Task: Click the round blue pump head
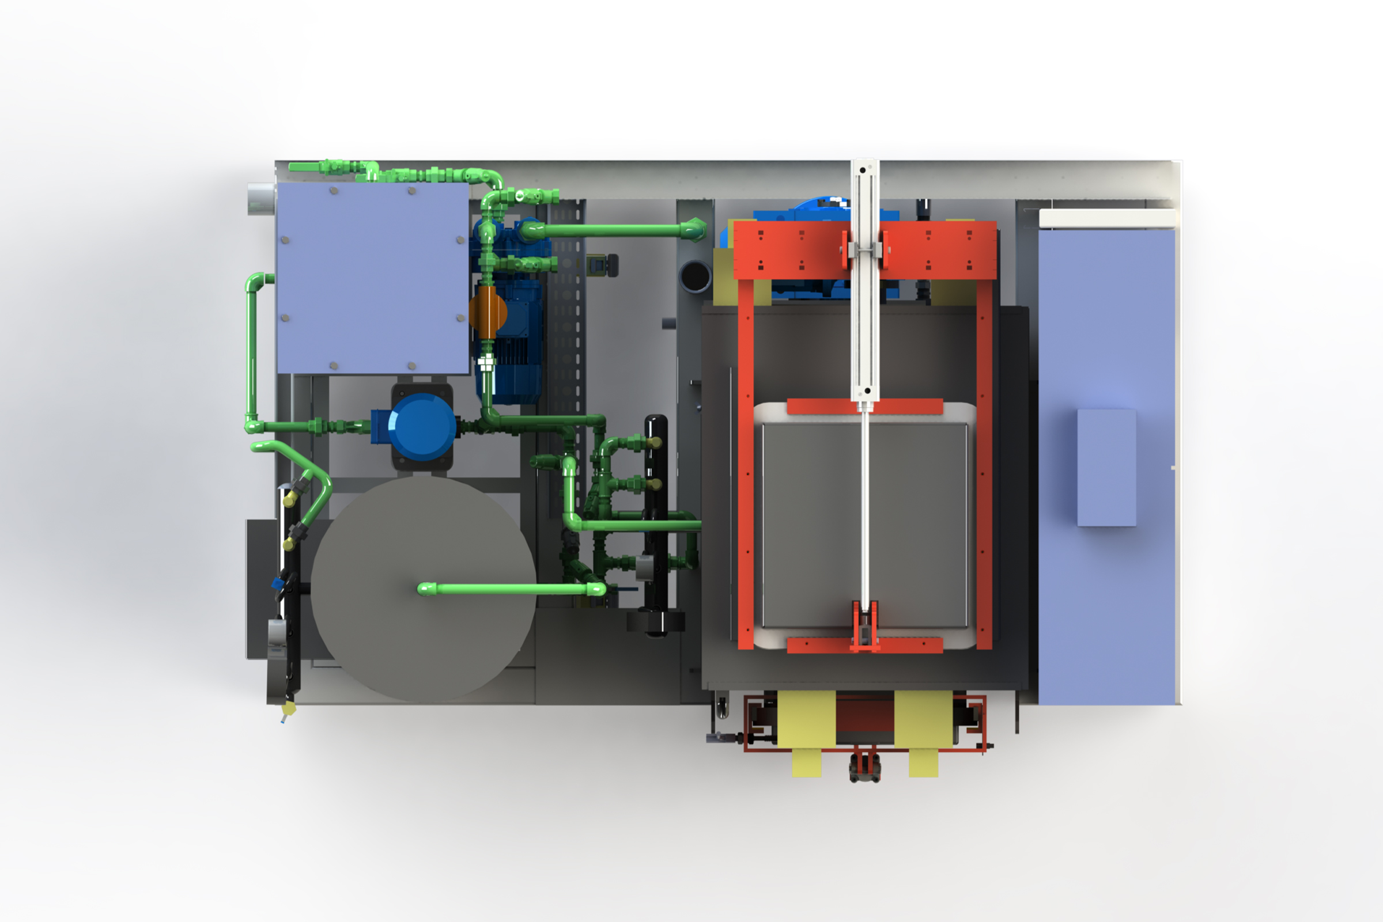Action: point(422,426)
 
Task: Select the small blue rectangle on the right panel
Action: point(1106,468)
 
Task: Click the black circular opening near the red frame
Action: point(695,276)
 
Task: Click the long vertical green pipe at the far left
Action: point(252,353)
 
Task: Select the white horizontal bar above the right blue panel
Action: point(1106,219)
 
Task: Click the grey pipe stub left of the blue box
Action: point(260,199)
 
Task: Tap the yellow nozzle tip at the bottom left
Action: point(288,709)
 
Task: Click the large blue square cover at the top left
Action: point(372,278)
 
